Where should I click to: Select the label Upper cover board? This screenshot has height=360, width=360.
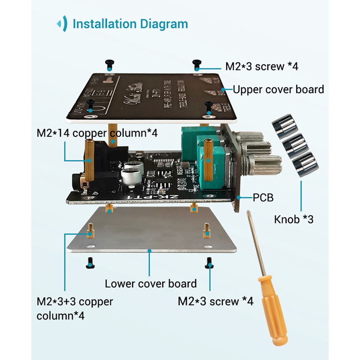coord(278,89)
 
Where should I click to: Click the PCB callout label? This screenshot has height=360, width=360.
coord(263,197)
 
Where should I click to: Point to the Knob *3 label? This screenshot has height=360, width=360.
coord(293,220)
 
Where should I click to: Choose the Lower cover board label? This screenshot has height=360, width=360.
coord(151,283)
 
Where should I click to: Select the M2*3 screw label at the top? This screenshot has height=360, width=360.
coord(261,66)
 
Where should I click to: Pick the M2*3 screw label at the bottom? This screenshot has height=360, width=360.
coord(216,301)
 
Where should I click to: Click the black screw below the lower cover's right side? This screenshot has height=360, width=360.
coord(209,263)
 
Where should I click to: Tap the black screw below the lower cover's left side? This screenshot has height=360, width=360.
coord(90,263)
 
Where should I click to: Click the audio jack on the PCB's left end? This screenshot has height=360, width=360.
coord(79,180)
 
